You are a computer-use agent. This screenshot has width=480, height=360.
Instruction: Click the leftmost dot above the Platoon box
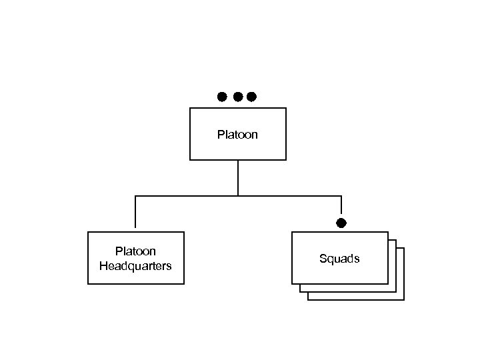222,97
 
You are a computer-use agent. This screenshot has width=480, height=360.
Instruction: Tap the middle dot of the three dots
238,97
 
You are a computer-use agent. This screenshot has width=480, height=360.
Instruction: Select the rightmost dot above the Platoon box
251,97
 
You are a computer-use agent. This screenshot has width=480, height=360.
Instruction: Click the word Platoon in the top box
237,135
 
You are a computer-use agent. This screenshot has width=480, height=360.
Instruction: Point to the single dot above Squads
341,223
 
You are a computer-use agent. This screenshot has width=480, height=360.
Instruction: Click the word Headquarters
135,266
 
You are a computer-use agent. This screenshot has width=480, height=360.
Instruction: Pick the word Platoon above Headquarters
135,251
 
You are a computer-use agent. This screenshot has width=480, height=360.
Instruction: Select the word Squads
339,259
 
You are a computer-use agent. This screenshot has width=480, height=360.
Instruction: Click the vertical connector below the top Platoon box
238,177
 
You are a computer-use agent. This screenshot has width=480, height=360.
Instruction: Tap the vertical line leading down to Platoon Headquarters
135,213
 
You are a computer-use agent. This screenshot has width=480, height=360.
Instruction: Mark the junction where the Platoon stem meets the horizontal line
238,196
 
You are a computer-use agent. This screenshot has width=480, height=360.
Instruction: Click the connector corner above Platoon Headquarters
135,196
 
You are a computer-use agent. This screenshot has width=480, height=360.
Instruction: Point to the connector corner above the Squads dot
341,196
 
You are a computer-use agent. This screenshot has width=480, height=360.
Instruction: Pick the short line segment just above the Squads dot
341,207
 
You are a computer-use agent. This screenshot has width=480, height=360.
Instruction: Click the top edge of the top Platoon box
238,108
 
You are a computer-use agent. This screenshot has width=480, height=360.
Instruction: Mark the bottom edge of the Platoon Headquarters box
135,284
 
